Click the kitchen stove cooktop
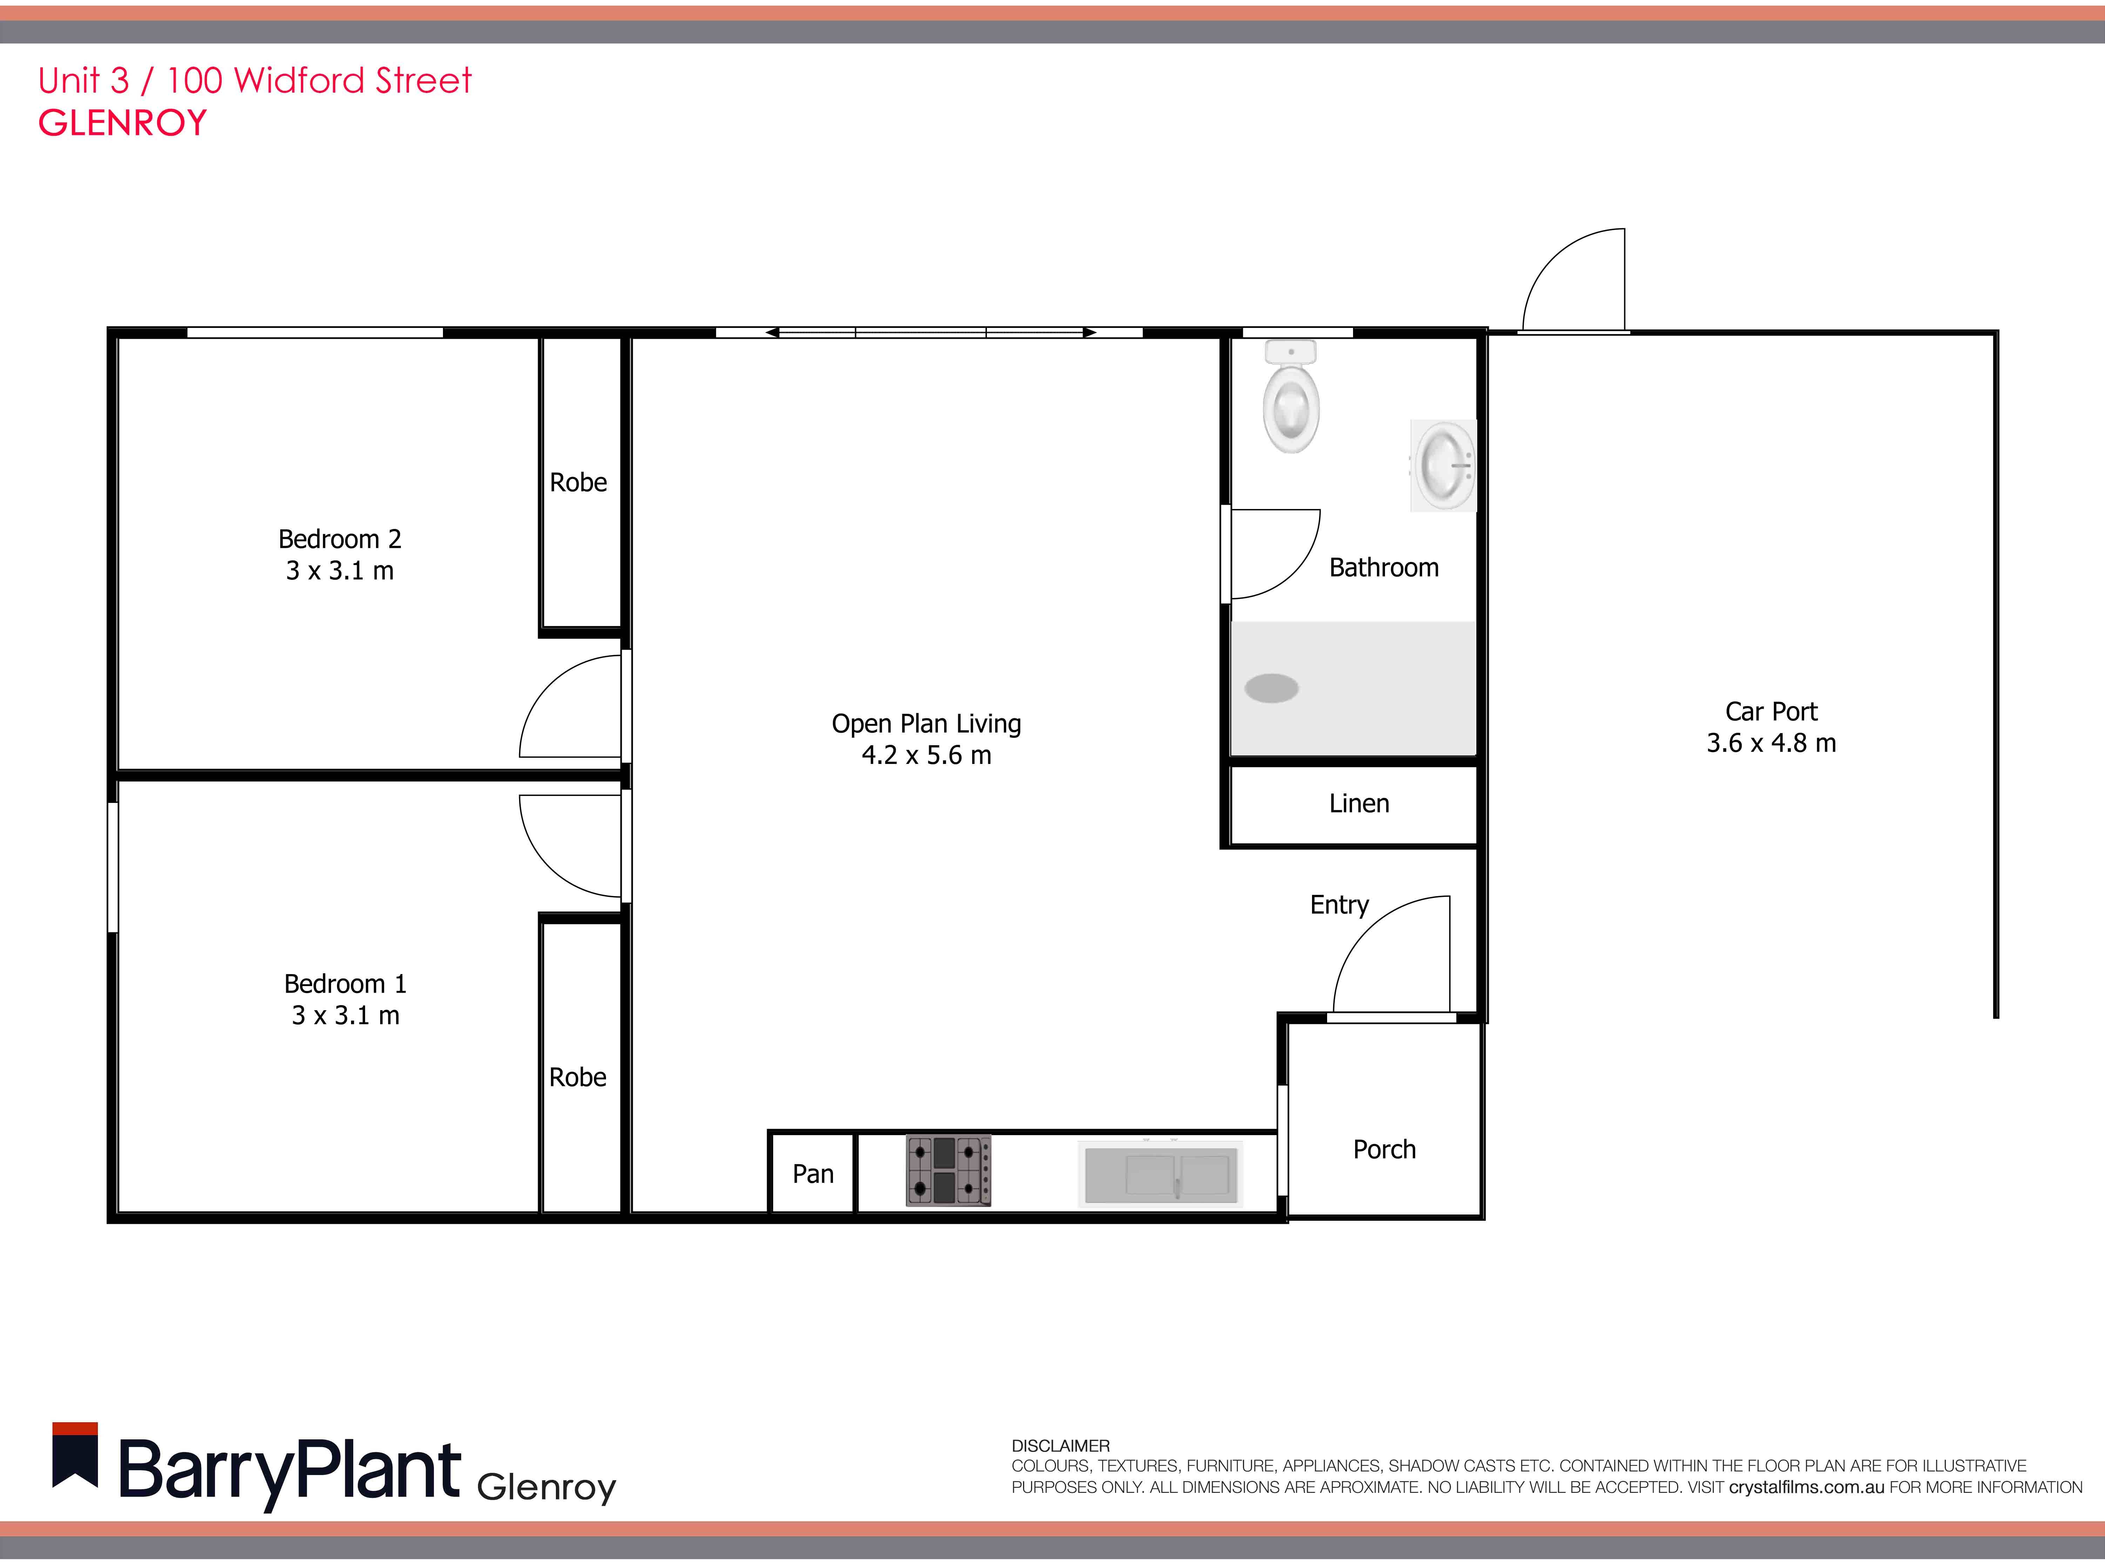[948, 1170]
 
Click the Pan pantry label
[813, 1174]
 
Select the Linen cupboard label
[1359, 803]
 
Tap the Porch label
[1384, 1149]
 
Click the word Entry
[1339, 905]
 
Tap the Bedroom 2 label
[339, 539]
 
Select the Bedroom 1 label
[345, 984]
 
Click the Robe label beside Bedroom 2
[578, 483]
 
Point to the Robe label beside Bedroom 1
[577, 1078]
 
